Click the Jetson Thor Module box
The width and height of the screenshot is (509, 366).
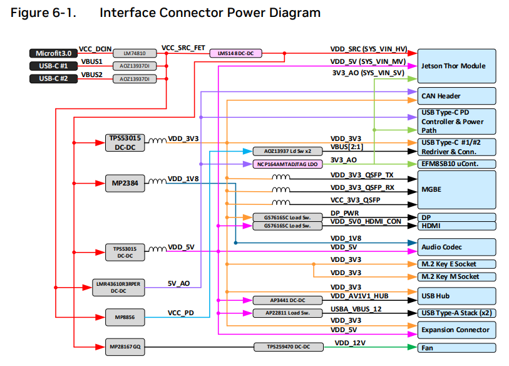(456, 66)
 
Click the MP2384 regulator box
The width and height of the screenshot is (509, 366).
(125, 183)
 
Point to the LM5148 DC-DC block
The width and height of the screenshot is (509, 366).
(235, 53)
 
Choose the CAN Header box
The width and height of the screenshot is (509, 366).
(456, 96)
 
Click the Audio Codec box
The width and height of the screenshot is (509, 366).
(456, 247)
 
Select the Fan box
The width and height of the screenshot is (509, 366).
(456, 347)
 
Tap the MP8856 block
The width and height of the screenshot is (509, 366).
(125, 316)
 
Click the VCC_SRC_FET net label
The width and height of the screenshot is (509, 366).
(184, 48)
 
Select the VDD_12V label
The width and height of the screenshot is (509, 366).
(351, 343)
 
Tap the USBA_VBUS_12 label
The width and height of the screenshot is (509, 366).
(356, 309)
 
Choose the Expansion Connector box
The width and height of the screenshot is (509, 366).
(456, 330)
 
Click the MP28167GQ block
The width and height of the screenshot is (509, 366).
(125, 345)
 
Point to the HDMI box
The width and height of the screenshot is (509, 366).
(456, 226)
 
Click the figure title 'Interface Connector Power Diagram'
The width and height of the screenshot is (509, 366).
(210, 13)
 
